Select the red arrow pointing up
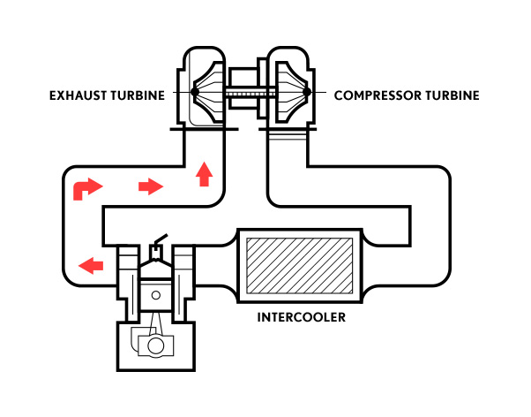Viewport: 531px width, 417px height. pyautogui.click(x=205, y=174)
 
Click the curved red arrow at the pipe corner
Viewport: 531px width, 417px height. pyautogui.click(x=86, y=187)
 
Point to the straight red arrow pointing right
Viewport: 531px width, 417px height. pyautogui.click(x=151, y=186)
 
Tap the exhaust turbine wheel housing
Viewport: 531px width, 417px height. pyautogui.click(x=204, y=88)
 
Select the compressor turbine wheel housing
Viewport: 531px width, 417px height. pyautogui.click(x=289, y=88)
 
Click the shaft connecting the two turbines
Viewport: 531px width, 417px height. pyautogui.click(x=246, y=92)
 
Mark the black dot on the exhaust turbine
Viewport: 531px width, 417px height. pyautogui.click(x=193, y=92)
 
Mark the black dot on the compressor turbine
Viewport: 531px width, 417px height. pyautogui.click(x=305, y=92)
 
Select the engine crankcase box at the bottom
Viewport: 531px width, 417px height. pyautogui.click(x=156, y=347)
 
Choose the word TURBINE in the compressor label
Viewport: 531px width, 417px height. pyautogui.click(x=452, y=94)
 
